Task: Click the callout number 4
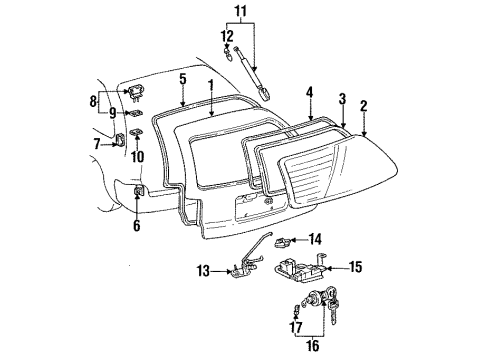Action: [310, 93]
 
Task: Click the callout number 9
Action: [113, 112]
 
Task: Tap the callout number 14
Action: [316, 238]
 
